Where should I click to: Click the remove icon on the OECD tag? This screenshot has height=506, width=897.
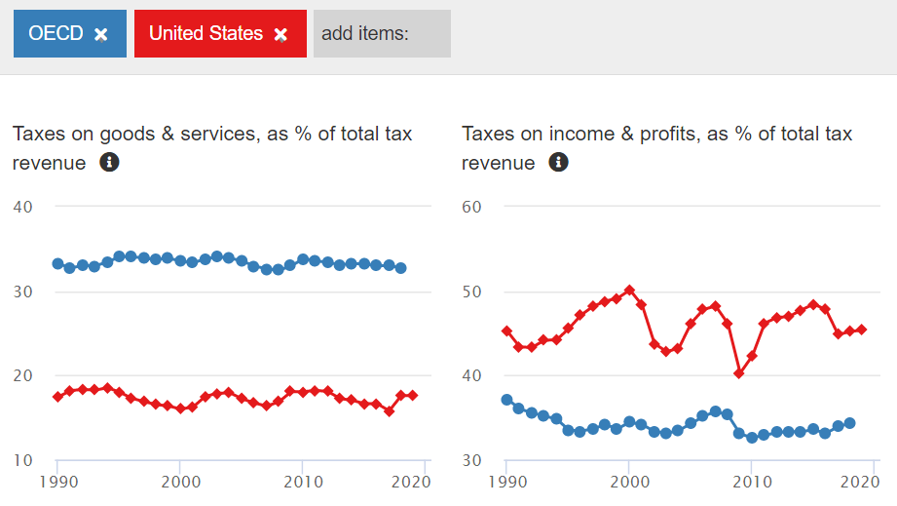[101, 34]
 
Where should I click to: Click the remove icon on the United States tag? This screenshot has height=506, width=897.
[280, 34]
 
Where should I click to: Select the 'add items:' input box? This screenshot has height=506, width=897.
[382, 34]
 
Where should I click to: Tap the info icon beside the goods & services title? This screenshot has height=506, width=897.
[109, 163]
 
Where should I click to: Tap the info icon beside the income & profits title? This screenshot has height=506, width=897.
[558, 163]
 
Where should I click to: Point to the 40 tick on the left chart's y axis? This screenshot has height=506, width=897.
[23, 207]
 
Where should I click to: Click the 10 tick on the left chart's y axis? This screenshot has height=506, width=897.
[23, 460]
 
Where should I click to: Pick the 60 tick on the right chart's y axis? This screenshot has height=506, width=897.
[472, 207]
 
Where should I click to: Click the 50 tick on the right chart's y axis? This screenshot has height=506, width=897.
[472, 292]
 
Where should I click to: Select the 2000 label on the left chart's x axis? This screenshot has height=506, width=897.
[180, 482]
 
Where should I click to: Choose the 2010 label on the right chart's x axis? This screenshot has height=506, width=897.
[751, 482]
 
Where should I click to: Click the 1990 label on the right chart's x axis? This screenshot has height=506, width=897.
[507, 482]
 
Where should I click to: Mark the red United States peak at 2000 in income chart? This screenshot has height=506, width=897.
[629, 290]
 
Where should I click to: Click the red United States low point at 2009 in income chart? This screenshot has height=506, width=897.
[739, 373]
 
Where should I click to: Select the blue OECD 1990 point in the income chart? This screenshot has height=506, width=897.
[506, 400]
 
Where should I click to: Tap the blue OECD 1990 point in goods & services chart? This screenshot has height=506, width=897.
[57, 263]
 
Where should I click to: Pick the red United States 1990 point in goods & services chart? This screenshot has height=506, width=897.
[57, 396]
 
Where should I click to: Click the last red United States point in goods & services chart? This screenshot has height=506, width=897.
[413, 395]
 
